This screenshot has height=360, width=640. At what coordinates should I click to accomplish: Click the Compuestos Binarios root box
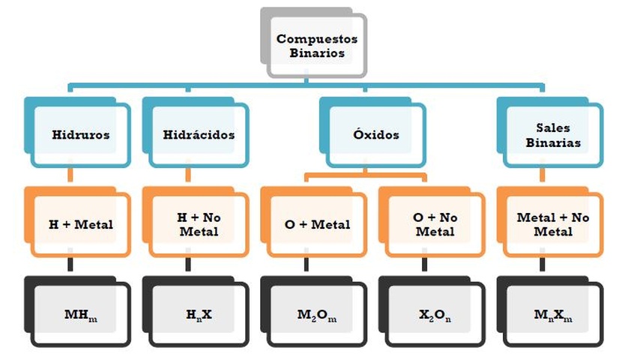(316, 46)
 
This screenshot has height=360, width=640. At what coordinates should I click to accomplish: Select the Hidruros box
(80, 135)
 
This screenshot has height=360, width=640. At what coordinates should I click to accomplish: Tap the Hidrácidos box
(199, 135)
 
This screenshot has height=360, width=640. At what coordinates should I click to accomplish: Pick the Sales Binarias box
(553, 135)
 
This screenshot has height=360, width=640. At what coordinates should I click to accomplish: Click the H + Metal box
(80, 223)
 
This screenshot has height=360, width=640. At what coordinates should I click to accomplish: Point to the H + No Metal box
(199, 223)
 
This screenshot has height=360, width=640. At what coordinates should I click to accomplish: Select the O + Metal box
(316, 223)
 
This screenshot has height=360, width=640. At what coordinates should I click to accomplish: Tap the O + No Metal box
(435, 223)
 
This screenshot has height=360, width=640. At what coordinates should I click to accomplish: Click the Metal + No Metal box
(553, 223)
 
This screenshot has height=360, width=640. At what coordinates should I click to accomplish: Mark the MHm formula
(80, 313)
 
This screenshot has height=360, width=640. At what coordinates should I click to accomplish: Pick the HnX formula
(199, 313)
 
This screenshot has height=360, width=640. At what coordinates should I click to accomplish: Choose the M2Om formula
(316, 313)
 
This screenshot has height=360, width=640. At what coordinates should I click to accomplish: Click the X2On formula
(435, 313)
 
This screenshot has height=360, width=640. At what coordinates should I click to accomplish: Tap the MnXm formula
(553, 313)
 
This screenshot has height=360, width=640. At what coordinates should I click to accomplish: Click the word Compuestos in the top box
(317, 39)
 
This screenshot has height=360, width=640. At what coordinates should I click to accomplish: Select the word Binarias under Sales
(553, 142)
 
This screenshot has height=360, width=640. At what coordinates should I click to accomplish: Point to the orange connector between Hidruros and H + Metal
(70, 175)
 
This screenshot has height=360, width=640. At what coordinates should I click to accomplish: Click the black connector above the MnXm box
(542, 265)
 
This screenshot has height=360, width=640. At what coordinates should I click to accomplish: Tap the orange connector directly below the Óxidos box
(364, 172)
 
